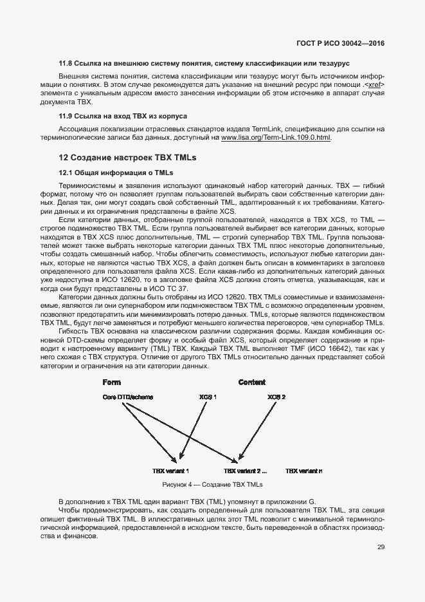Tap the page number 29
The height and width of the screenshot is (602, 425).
(x=381, y=547)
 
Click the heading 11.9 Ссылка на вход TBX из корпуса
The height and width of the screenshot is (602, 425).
(x=123, y=117)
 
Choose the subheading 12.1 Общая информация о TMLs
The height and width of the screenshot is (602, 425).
(x=116, y=173)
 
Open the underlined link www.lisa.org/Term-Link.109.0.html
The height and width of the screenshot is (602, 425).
(x=276, y=138)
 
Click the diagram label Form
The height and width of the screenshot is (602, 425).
(x=111, y=382)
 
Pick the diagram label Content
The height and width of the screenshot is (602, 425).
(x=251, y=382)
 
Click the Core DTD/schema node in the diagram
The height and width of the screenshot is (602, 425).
(x=127, y=397)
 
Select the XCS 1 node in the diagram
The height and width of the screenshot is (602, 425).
(x=208, y=397)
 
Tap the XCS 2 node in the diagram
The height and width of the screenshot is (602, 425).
(x=276, y=397)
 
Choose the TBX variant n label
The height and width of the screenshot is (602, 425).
(x=304, y=471)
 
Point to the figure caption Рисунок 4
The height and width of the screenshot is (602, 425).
(x=212, y=484)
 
